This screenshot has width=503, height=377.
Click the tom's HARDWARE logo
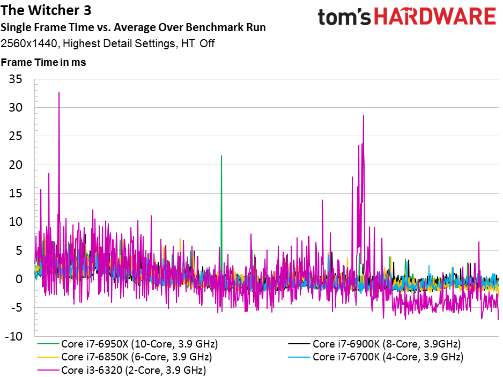[407, 17]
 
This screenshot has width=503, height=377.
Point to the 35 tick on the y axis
[16, 79]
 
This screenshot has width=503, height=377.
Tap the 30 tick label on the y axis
[16, 108]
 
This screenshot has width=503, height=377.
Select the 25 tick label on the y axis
[16, 136]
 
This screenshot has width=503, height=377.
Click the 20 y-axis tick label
[16, 165]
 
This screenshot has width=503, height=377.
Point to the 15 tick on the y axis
[16, 194]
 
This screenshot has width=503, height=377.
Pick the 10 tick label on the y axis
[16, 222]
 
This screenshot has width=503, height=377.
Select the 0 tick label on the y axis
[19, 279]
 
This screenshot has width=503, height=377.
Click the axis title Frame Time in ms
[43, 62]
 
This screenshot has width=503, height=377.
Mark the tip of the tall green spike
[221, 156]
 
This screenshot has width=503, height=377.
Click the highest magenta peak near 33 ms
[58, 92]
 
